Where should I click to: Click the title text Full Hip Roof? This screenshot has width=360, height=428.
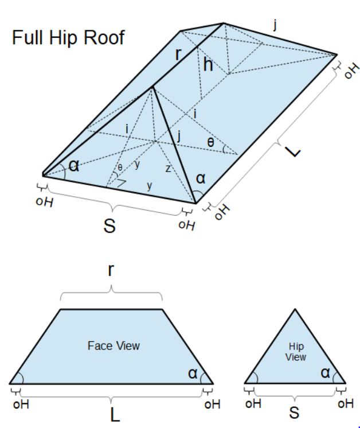coord(68,38)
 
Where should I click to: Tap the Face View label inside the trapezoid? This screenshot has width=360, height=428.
coord(114,346)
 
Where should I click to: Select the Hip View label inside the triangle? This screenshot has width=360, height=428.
coord(296,352)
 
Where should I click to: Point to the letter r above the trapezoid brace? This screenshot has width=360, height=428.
coord(111,271)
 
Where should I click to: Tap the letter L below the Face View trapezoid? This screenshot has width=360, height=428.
coord(115,414)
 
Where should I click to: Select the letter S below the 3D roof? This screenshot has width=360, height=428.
coord(109,226)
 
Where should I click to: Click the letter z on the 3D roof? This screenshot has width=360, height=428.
coord(167,169)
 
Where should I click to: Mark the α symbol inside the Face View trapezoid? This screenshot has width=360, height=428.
coord(193,373)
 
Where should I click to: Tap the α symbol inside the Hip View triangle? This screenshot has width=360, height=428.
coord(326,373)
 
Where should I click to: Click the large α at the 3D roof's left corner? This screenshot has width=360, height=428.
coord(73,166)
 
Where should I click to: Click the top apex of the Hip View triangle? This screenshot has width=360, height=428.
coord(295,310)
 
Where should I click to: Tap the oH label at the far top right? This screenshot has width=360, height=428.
coord(350,71)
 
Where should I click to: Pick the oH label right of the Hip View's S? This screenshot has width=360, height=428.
coord(346,403)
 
